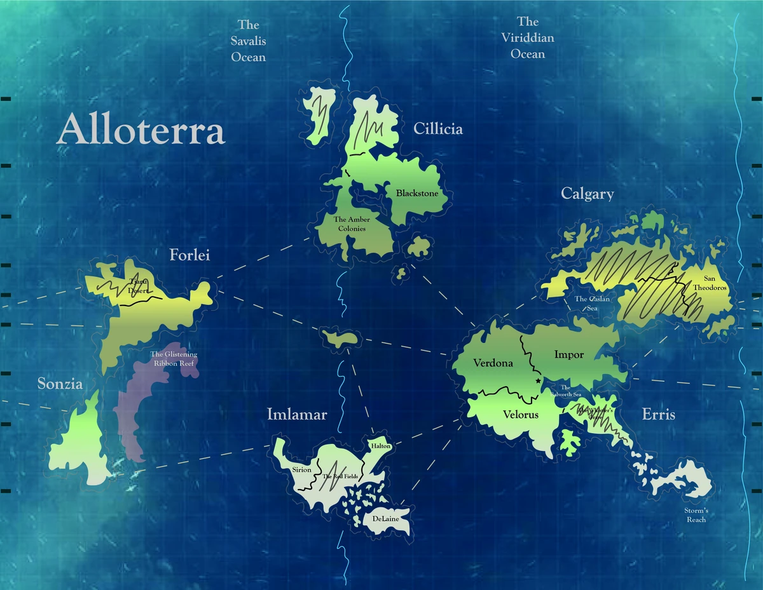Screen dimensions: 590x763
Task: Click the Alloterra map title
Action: pyautogui.click(x=141, y=131)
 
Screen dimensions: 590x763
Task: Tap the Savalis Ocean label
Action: pyautogui.click(x=248, y=41)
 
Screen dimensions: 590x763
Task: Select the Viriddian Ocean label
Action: pyautogui.click(x=528, y=38)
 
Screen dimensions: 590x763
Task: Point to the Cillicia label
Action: pyautogui.click(x=438, y=129)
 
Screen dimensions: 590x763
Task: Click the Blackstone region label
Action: pyautogui.click(x=417, y=193)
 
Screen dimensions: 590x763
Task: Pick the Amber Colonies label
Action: pyautogui.click(x=352, y=224)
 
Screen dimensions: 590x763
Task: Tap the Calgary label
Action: pyautogui.click(x=588, y=194)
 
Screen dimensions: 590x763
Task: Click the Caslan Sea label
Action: pyautogui.click(x=592, y=303)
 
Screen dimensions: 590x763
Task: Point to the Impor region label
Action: pyautogui.click(x=568, y=354)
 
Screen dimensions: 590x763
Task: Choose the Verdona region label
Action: pyautogui.click(x=493, y=363)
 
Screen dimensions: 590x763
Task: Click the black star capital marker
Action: pyautogui.click(x=539, y=380)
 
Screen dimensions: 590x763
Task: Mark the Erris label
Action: pyautogui.click(x=658, y=415)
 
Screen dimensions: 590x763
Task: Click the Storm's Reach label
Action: pyautogui.click(x=696, y=515)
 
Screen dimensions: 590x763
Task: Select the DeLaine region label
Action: pyautogui.click(x=385, y=520)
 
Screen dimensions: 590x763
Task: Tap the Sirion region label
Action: pyautogui.click(x=301, y=470)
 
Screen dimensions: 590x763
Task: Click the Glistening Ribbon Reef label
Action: pyautogui.click(x=174, y=359)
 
